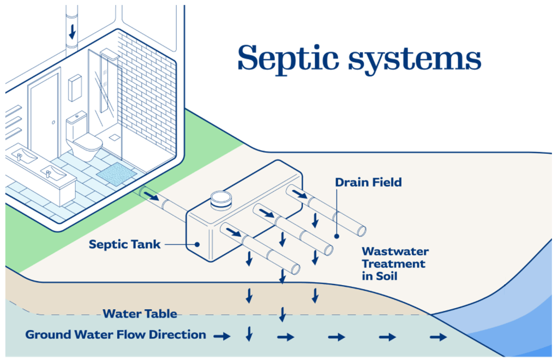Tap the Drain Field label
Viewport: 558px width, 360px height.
pyautogui.click(x=368, y=182)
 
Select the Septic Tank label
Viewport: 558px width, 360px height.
pyautogui.click(x=125, y=244)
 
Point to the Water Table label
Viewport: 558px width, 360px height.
pyautogui.click(x=140, y=314)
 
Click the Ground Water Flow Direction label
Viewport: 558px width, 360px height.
pyautogui.click(x=116, y=335)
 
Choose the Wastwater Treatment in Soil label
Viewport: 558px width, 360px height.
pyautogui.click(x=395, y=263)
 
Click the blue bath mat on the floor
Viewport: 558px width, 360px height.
pyautogui.click(x=116, y=173)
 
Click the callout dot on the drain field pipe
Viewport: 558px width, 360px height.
pyautogui.click(x=337, y=237)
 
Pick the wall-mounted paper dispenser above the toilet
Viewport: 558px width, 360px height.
pyautogui.click(x=75, y=87)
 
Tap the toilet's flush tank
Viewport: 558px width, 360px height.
pyautogui.click(x=76, y=125)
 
